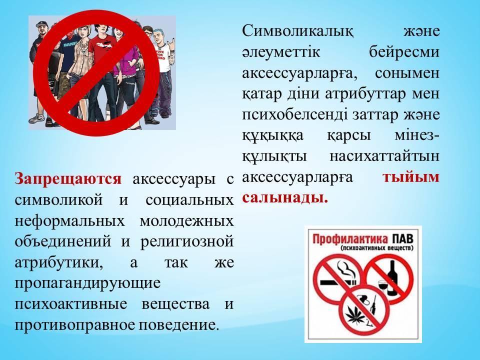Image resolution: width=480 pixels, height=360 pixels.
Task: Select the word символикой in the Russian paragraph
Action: [58, 200]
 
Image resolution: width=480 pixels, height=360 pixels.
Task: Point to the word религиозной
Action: [187, 242]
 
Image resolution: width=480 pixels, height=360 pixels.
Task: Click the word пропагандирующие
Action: [87, 283]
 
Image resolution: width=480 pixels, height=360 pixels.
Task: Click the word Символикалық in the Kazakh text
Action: [298, 31]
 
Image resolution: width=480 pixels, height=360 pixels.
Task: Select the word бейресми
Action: [404, 51]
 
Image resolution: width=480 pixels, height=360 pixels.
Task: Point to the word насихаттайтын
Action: [384, 156]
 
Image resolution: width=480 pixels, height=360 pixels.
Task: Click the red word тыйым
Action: [411, 177]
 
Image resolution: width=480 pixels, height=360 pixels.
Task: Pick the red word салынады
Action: [285, 198]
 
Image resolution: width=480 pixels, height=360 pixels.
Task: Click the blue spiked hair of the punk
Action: [158, 32]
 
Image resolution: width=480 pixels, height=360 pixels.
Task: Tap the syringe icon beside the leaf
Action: [373, 306]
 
